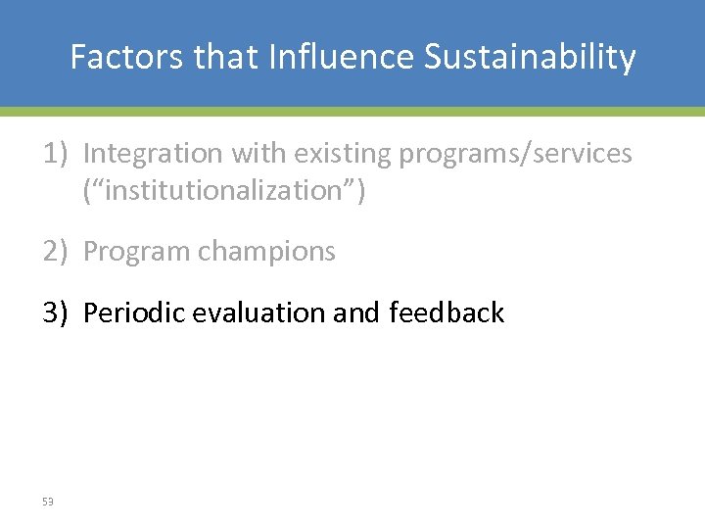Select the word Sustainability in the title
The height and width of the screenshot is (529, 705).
pyautogui.click(x=530, y=58)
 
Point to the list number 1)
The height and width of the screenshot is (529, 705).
pyautogui.click(x=55, y=154)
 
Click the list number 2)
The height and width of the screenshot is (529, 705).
pyautogui.click(x=55, y=252)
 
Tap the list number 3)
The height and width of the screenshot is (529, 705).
pyautogui.click(x=55, y=313)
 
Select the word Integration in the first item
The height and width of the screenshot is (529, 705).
pyautogui.click(x=153, y=154)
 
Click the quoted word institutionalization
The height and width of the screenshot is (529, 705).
pyautogui.click(x=224, y=190)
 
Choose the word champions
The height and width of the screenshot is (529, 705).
pyautogui.click(x=266, y=252)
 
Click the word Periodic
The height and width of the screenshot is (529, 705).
pyautogui.click(x=134, y=313)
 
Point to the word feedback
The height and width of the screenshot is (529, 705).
pyautogui.click(x=446, y=313)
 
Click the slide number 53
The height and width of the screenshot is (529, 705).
pyautogui.click(x=48, y=502)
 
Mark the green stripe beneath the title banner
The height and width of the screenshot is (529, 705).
pyautogui.click(x=352, y=112)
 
